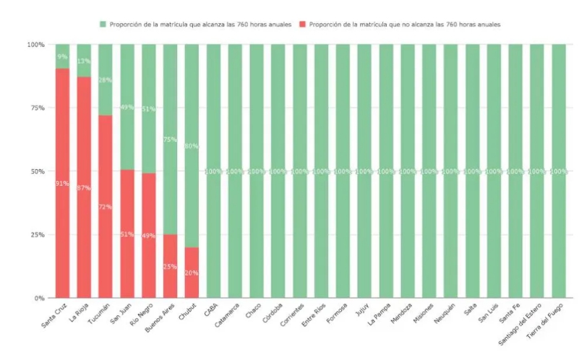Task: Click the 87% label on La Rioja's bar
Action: (x=84, y=188)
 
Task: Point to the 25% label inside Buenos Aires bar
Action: (x=170, y=267)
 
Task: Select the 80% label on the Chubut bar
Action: (x=192, y=146)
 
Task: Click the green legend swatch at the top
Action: (x=103, y=24)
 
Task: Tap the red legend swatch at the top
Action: (x=303, y=24)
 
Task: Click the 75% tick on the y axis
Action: (x=36, y=108)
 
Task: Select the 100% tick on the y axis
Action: (x=35, y=45)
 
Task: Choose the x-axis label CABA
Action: (x=210, y=310)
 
